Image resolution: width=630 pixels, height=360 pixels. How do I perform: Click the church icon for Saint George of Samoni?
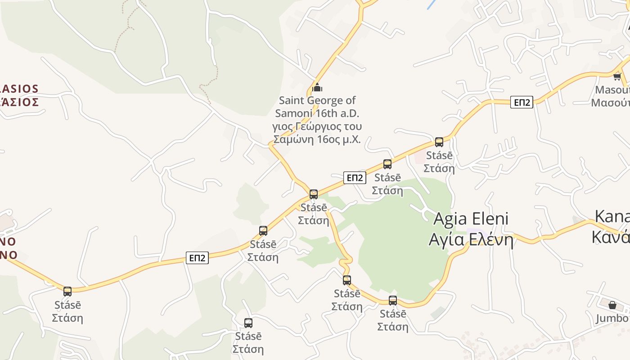(x=317, y=87)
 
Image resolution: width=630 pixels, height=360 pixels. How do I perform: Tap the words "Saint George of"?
(x=317, y=100)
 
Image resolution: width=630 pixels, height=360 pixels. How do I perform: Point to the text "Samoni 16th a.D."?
(x=317, y=113)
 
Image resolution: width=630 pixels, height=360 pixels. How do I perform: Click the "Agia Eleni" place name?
(x=471, y=219)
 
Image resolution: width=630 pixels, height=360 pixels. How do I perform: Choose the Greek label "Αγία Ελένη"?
(x=471, y=239)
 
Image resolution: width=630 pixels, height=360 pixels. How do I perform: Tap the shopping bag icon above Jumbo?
(x=612, y=306)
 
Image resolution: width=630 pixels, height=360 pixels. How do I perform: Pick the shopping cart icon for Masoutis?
(x=617, y=76)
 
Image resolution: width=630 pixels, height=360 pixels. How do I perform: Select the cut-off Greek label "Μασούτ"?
(x=611, y=103)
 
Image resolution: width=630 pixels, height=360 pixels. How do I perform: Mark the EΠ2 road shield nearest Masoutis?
(x=522, y=102)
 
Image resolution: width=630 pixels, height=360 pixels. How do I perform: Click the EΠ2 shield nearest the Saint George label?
(x=355, y=178)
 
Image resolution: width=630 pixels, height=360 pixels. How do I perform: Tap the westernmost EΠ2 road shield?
(x=197, y=258)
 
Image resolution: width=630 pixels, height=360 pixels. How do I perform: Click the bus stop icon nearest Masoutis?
(x=439, y=142)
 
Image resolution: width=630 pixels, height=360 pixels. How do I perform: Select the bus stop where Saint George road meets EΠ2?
(x=314, y=194)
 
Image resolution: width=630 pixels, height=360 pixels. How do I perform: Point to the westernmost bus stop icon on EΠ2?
(x=67, y=292)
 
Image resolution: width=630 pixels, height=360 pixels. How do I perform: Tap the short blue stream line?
(x=432, y=5)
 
